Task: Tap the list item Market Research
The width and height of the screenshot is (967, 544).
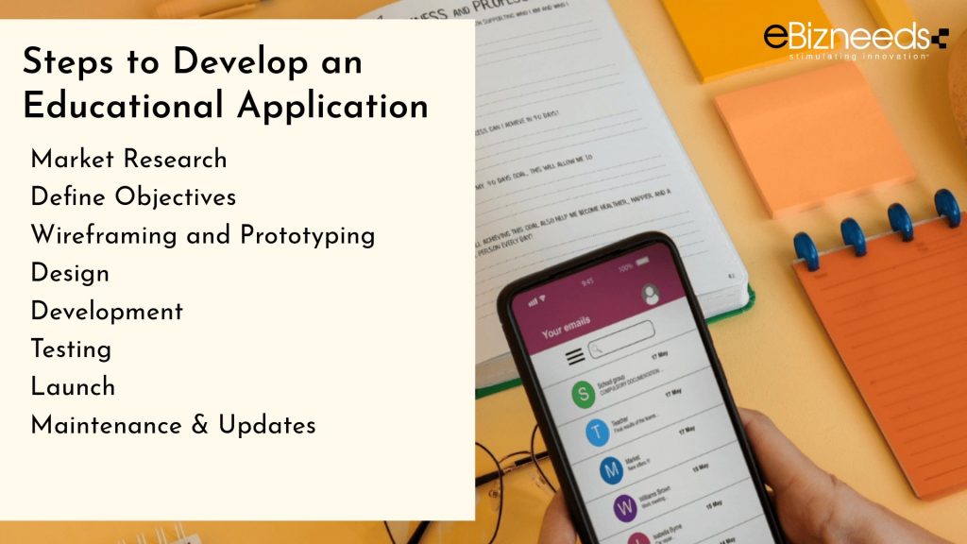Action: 128,159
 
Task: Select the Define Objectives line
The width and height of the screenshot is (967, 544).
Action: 133,196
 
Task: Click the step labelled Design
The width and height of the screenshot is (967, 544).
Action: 70,273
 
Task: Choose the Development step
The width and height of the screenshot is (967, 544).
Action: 107,311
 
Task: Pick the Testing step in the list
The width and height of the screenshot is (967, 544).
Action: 71,348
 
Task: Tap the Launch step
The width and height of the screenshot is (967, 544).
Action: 73,386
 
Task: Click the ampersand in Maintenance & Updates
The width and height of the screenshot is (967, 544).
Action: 199,425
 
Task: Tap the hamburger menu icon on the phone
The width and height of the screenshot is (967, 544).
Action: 574,357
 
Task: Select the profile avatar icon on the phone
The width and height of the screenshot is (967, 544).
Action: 651,294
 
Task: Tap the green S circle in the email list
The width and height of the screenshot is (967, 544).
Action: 584,395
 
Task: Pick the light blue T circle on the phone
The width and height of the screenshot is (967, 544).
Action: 597,433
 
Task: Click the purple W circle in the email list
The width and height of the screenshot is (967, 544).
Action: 624,508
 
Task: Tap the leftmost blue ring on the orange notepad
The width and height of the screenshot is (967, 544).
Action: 806,250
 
